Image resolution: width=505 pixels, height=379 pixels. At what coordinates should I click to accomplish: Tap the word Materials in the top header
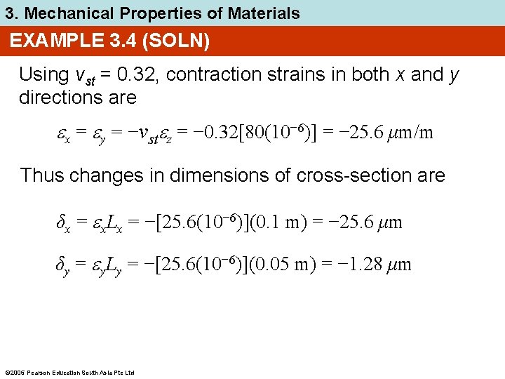[x=264, y=13]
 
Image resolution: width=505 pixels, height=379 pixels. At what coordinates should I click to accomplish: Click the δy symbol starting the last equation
[x=62, y=265]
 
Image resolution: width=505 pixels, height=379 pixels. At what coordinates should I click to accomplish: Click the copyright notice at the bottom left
[x=69, y=372]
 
